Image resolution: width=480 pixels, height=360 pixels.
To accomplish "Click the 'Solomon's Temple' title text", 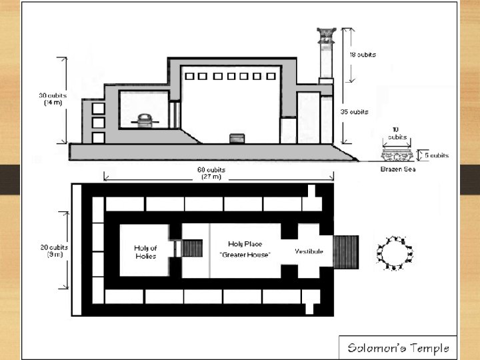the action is click(399, 347).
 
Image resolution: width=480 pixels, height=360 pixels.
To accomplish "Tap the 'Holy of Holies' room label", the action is click(145, 252).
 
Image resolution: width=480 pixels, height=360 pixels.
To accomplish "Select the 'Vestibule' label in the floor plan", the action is click(309, 251).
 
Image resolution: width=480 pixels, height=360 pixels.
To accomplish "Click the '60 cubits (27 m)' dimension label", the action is click(214, 173).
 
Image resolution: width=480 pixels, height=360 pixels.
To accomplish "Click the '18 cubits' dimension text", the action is click(363, 55).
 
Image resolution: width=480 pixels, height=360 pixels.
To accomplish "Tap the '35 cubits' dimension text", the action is click(363, 111).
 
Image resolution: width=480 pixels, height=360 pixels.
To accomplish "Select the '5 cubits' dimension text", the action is click(435, 155).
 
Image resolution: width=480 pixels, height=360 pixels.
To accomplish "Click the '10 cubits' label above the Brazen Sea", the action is click(397, 134).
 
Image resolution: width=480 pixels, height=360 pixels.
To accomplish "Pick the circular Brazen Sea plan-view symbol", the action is click(394, 251).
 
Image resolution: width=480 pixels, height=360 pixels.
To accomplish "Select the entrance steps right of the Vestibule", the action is click(346, 251).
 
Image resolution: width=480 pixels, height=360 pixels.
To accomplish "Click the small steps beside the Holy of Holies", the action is click(192, 249).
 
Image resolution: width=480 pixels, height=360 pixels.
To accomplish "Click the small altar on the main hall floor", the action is click(237, 138).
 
